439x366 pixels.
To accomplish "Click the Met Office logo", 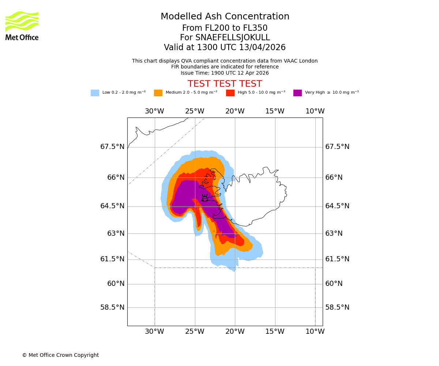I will tap(22, 26).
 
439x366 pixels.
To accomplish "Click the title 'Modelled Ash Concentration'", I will tap(225, 17).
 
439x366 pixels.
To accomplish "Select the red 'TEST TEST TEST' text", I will tap(225, 84).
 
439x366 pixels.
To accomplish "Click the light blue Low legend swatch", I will tap(95, 93).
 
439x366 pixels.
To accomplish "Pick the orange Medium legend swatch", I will tap(158, 93).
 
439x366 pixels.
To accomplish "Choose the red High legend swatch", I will tap(230, 93).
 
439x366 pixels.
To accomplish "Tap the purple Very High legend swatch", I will tap(297, 93).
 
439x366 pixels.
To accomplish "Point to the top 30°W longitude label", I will tap(154, 111).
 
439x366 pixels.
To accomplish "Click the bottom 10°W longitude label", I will tap(315, 332).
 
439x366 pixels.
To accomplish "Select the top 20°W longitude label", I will tap(235, 111).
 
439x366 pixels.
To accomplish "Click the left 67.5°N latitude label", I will tap(112, 147).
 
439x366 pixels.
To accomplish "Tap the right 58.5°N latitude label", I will tap(337, 307).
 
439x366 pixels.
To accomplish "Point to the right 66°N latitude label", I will tap(334, 178).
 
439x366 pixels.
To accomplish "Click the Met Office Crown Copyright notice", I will tap(60, 355).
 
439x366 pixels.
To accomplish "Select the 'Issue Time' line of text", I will tap(225, 73).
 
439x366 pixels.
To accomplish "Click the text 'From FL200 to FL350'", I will tap(225, 28).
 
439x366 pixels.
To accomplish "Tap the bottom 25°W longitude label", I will tap(195, 332).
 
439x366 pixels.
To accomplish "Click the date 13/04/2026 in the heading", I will tap(262, 48).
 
